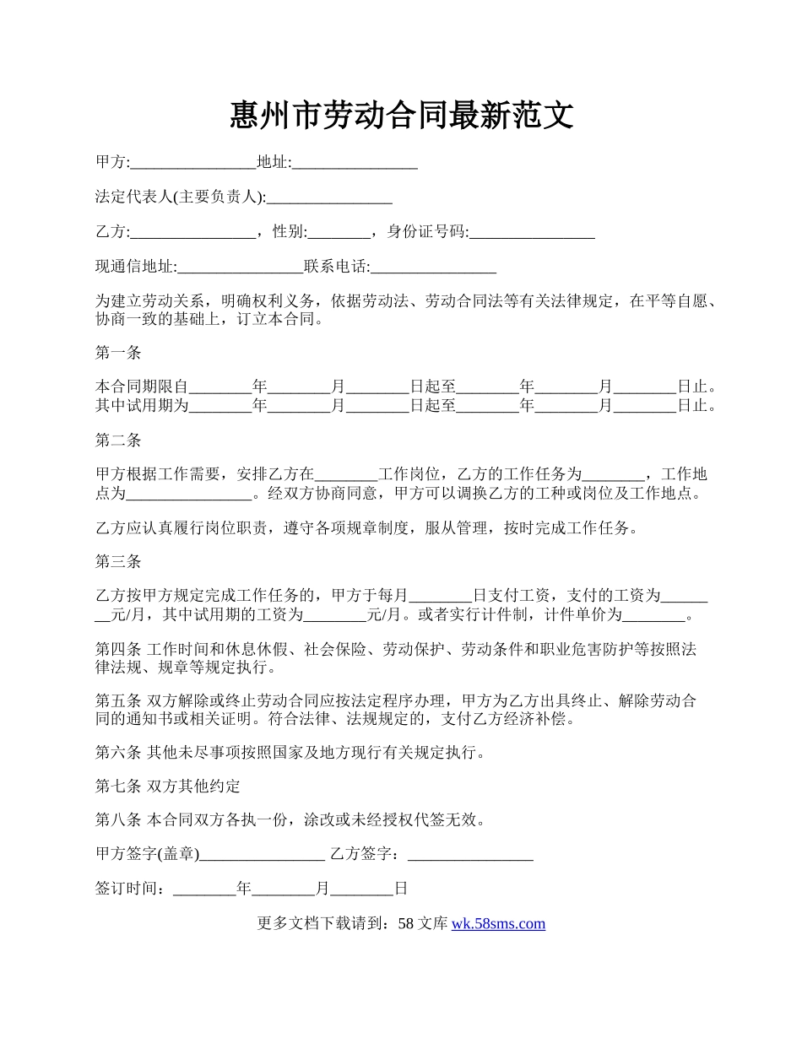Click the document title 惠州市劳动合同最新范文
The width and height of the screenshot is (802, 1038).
[x=401, y=116]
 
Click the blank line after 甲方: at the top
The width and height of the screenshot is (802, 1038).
[x=193, y=163]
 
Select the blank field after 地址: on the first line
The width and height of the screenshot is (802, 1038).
[x=355, y=163]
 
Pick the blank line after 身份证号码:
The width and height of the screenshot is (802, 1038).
[x=532, y=232]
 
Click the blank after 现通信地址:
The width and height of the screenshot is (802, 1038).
[x=241, y=267]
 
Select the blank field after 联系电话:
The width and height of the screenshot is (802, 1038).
[x=433, y=267]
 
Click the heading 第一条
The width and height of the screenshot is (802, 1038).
[x=118, y=353]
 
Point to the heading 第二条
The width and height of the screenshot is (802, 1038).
[x=118, y=440]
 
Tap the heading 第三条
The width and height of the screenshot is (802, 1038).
[x=118, y=561]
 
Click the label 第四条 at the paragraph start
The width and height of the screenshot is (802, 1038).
[x=118, y=650]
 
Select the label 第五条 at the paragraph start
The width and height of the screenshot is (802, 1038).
[x=118, y=701]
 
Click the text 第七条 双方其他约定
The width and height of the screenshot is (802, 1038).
[x=168, y=787]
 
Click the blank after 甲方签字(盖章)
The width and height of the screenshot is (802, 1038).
[x=263, y=854]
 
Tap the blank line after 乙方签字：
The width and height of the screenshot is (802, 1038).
[x=470, y=854]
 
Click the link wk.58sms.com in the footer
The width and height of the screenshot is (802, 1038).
[x=499, y=923]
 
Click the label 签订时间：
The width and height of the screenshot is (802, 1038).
[x=133, y=889]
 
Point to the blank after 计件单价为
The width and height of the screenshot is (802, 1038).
[x=655, y=614]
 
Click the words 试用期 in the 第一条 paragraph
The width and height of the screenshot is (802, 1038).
[x=149, y=406]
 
